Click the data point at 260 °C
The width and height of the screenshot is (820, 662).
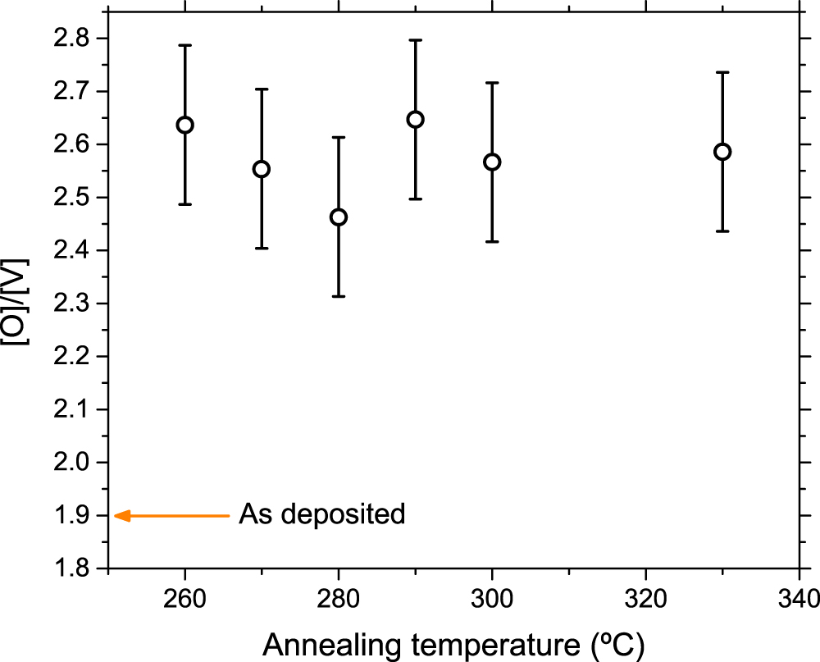[185, 125]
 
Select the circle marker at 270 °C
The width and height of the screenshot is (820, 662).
[262, 169]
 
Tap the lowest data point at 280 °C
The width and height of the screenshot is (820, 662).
[339, 217]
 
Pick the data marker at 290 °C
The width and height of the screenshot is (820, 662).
[416, 120]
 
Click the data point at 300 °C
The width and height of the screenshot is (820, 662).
[492, 162]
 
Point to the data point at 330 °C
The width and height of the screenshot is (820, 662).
[722, 152]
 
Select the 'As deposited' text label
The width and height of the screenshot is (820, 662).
[321, 515]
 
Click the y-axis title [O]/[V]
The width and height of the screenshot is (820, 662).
[18, 303]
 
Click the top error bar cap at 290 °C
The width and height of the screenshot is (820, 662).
[416, 39]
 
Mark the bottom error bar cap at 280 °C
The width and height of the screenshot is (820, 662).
[339, 296]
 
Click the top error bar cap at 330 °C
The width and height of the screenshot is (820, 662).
[722, 72]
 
